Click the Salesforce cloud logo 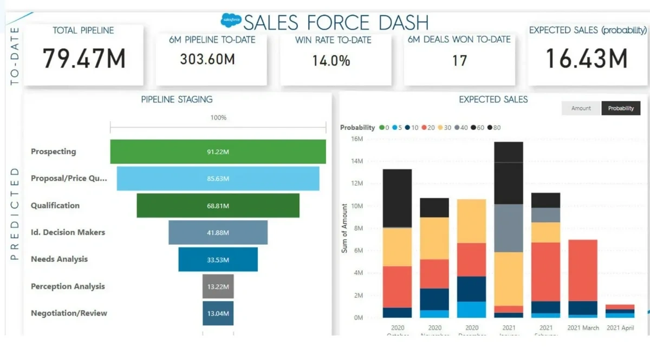231,21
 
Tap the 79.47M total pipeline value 84,58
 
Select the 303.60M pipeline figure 207,59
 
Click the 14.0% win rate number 331,60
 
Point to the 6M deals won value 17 459,60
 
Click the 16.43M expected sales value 586,58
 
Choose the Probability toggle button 621,108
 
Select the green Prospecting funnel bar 218,152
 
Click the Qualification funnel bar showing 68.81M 218,206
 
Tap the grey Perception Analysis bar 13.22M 218,286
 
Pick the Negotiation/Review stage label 69,313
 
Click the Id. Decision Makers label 68,232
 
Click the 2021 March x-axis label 583,328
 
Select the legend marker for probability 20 425,128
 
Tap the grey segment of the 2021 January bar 509,228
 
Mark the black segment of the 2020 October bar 397,198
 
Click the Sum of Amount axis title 344,228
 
